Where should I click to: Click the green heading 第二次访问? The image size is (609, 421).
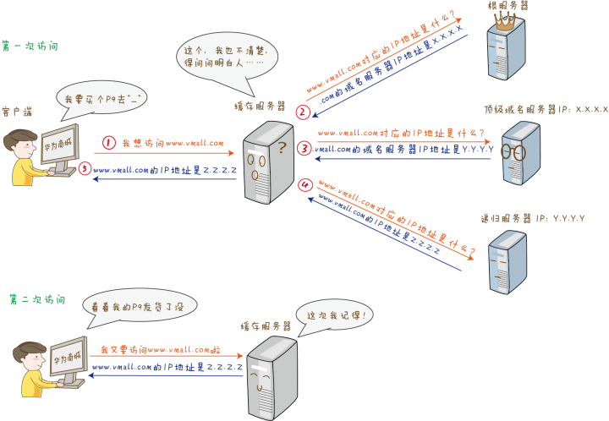[x=36, y=299]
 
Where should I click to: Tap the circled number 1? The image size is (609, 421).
[x=108, y=143]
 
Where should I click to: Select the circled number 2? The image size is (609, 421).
[x=302, y=111]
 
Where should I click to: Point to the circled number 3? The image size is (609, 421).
[x=304, y=149]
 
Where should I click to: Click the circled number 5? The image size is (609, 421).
[x=84, y=169]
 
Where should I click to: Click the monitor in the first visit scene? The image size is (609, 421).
[x=63, y=149]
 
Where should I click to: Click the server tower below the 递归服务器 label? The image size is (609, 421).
[x=507, y=261]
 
